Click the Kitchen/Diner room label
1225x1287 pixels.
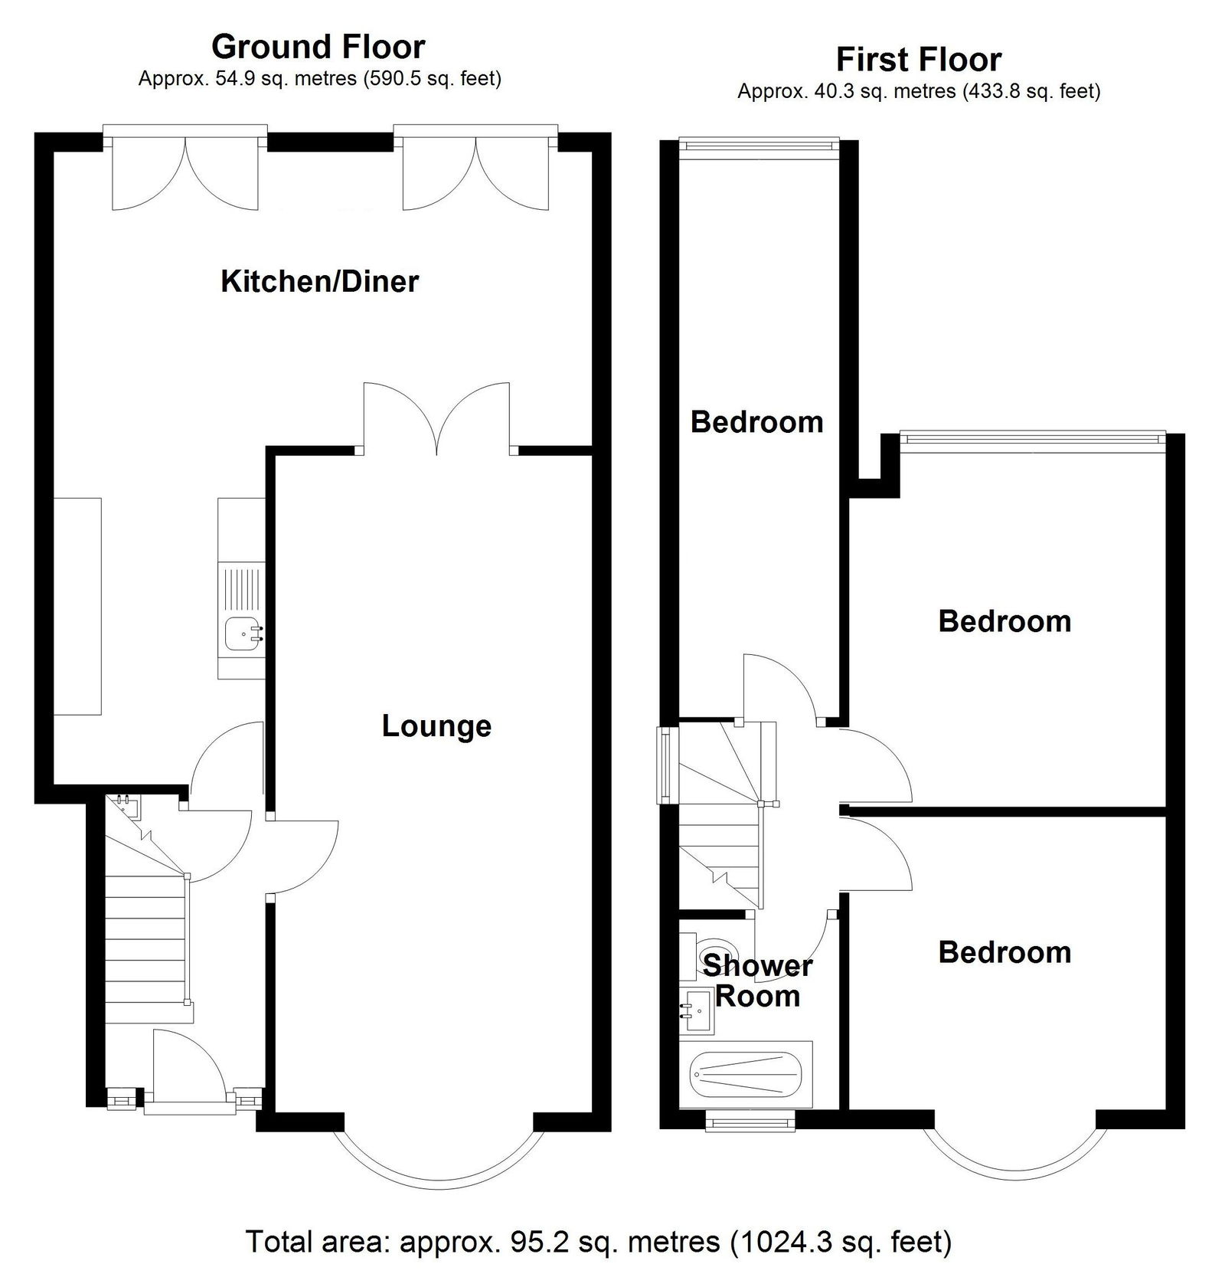tap(319, 282)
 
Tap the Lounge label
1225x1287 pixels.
tap(436, 726)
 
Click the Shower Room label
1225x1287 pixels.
tap(757, 981)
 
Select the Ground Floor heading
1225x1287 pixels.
tap(318, 47)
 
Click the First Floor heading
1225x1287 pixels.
tap(919, 60)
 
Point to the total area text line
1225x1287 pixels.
tap(599, 1241)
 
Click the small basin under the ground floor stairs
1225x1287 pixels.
tap(125, 806)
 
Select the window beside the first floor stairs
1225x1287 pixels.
tap(663, 765)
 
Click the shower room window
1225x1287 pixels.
tap(751, 1122)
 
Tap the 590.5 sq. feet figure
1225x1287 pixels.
tap(430, 79)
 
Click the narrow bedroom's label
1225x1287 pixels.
tap(757, 422)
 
